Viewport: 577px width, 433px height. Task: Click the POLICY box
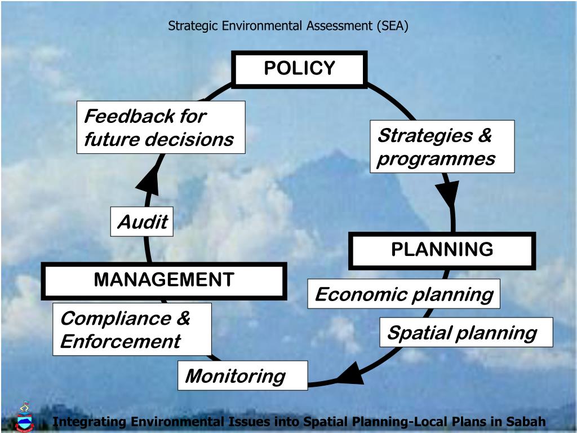click(x=299, y=69)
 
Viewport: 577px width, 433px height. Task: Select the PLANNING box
click(x=442, y=250)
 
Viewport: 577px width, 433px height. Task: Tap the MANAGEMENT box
click(x=163, y=280)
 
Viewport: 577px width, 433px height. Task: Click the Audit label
click(x=142, y=222)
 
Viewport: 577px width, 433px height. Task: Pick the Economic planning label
click(x=403, y=294)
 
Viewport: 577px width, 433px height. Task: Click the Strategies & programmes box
click(x=442, y=147)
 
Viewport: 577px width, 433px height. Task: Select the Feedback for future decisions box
click(x=161, y=127)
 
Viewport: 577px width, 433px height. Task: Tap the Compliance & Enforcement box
click(x=132, y=329)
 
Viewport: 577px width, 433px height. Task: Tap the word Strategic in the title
click(x=191, y=25)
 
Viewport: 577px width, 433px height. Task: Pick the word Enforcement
click(x=120, y=341)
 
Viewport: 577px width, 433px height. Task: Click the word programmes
click(x=436, y=158)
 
